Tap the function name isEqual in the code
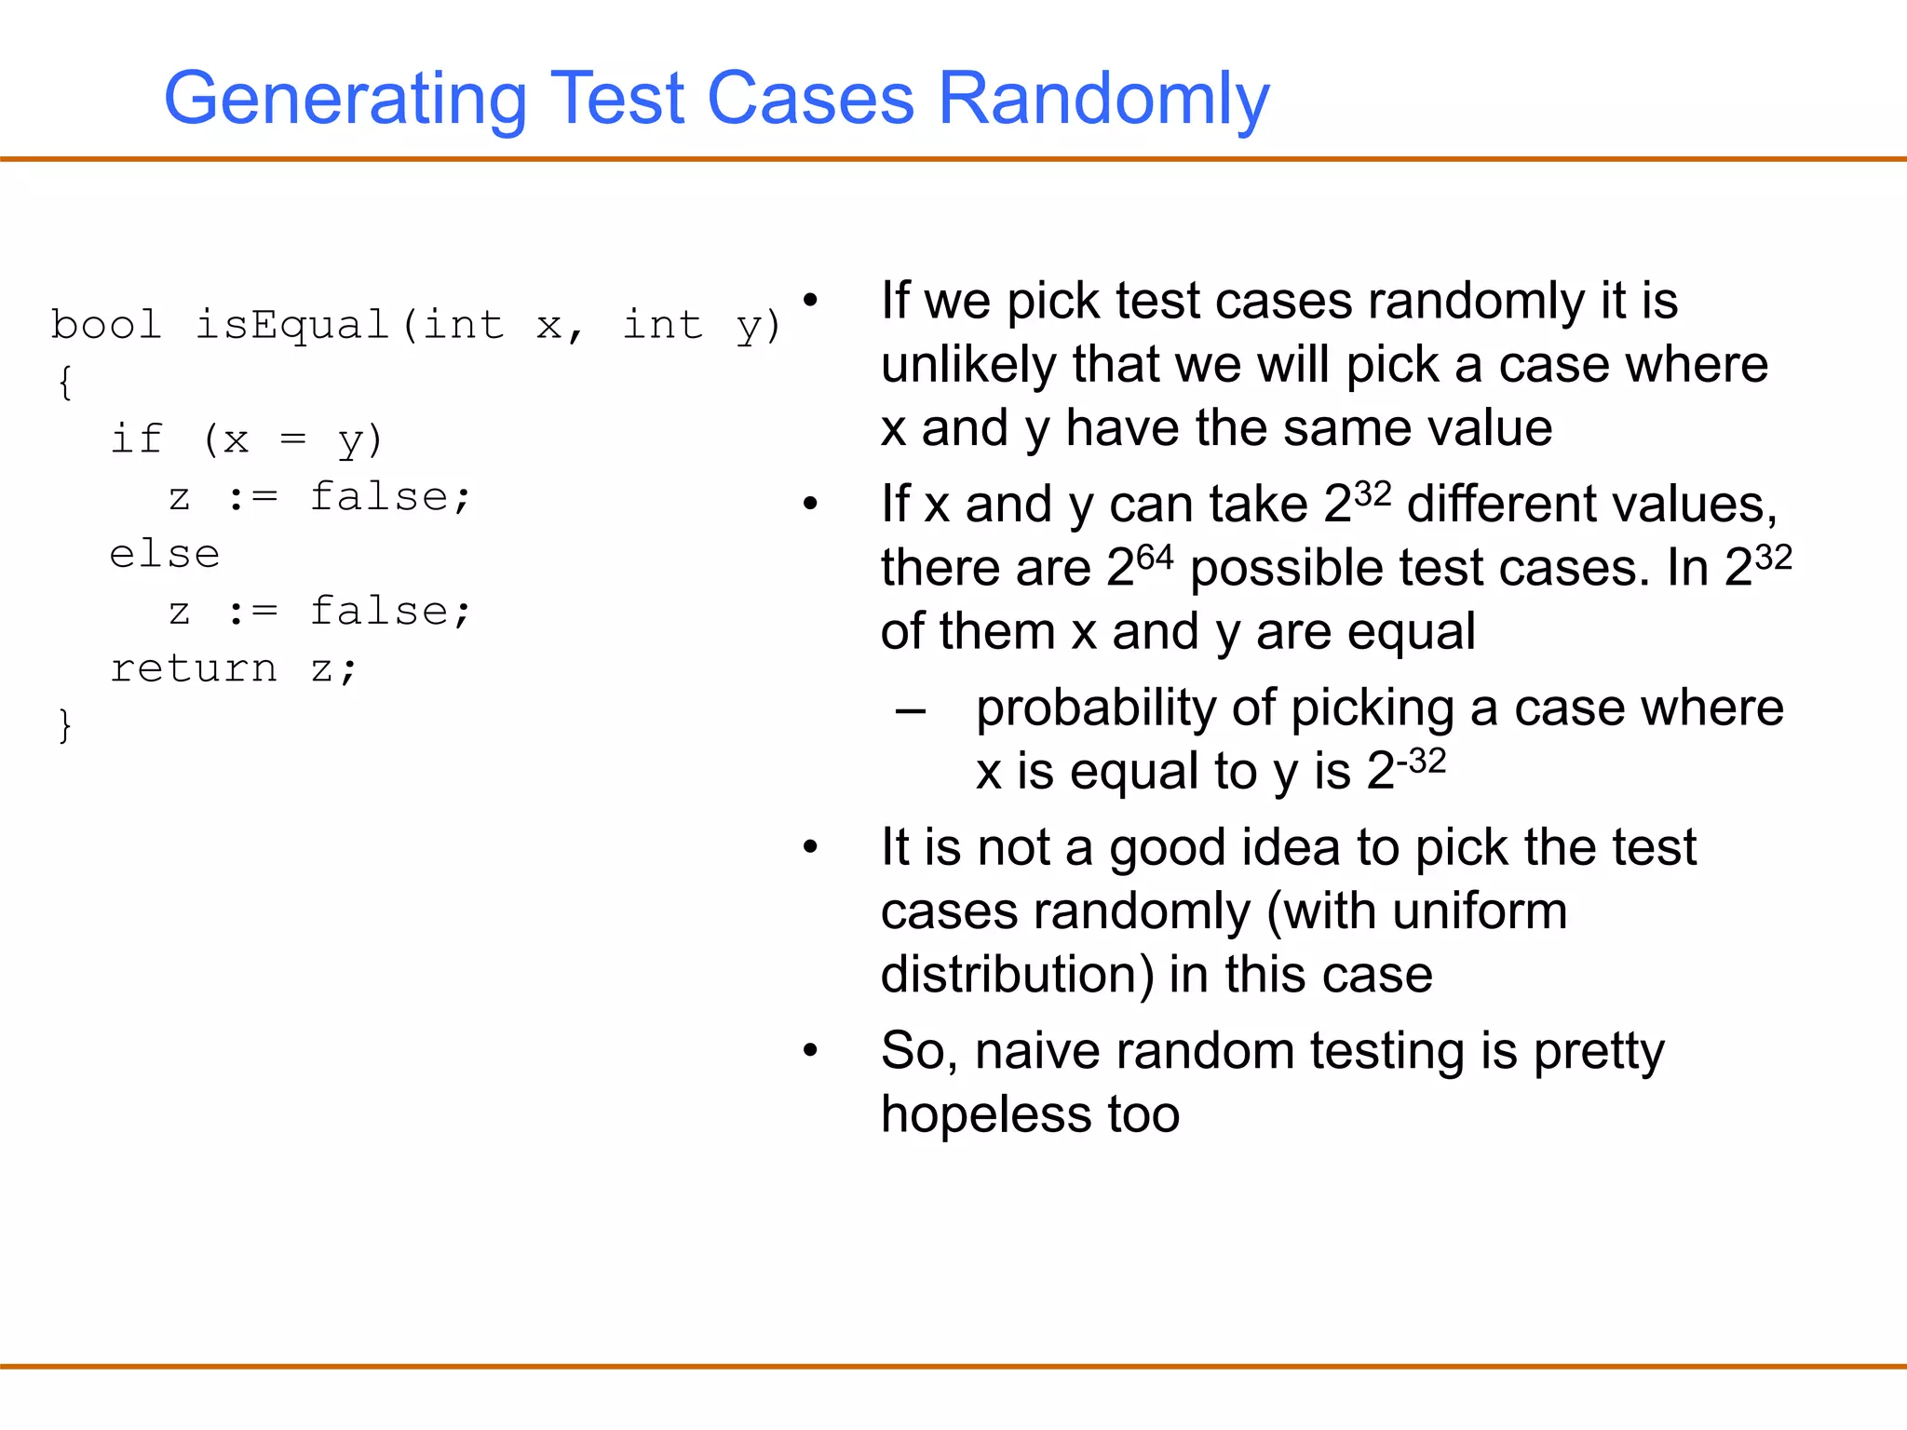pos(291,325)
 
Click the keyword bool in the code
pos(106,325)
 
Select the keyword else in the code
pos(165,555)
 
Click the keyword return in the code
pos(194,668)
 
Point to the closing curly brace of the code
pos(64,725)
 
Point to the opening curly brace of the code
pos(64,383)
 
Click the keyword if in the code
pos(136,439)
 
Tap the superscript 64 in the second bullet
pos(1155,558)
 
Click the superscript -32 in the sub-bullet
pos(1421,762)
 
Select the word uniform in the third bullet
pos(1480,911)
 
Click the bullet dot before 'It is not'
pos(810,847)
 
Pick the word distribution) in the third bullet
pos(1017,975)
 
